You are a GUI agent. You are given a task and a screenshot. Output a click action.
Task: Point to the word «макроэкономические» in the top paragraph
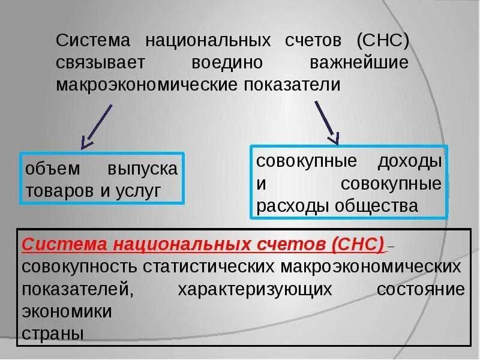coord(148,83)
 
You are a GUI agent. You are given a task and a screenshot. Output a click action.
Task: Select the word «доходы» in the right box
coord(411,161)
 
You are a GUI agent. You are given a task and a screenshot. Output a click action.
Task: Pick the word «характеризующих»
coord(255,289)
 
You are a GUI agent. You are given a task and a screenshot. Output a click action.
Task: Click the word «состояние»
coord(421,289)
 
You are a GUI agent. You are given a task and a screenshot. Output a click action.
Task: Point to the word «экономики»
coord(67,311)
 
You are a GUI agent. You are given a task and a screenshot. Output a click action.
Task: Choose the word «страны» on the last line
coord(53,333)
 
